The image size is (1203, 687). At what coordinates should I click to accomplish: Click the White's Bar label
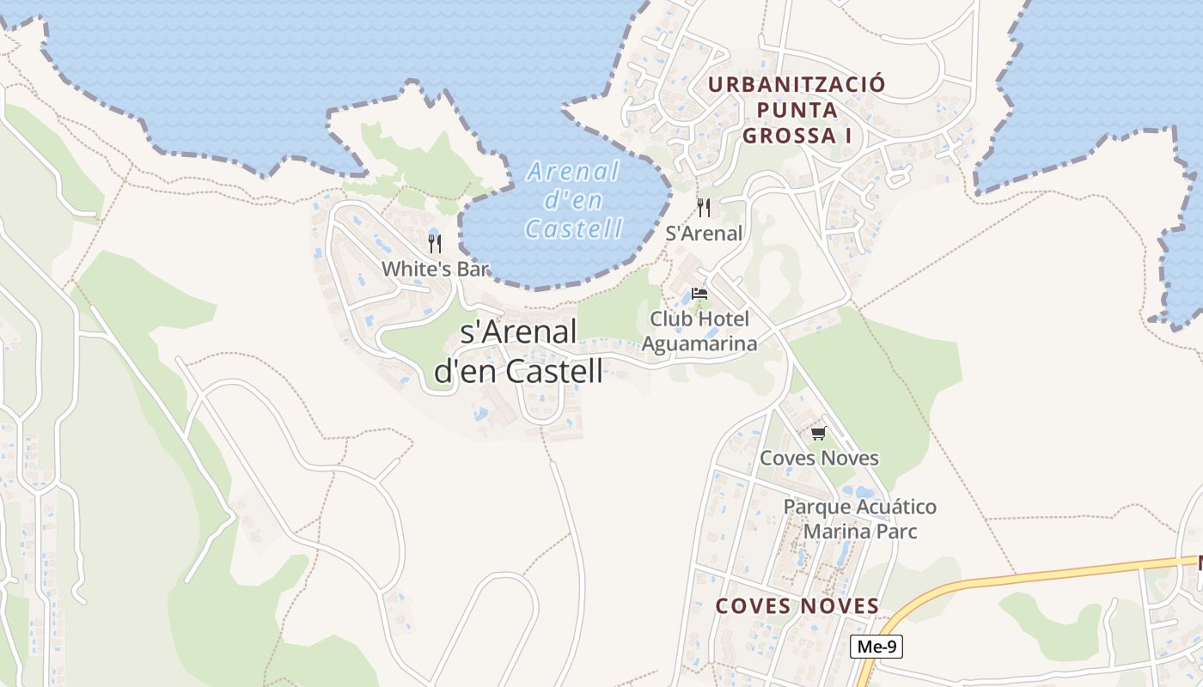click(435, 269)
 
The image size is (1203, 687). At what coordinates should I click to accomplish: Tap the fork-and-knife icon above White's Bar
click(435, 244)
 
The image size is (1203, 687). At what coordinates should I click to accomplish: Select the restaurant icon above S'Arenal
click(704, 208)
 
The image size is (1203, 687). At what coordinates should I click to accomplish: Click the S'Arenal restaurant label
click(704, 234)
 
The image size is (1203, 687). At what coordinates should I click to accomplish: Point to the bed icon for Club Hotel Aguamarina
click(699, 294)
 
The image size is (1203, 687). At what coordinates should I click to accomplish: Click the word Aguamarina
click(699, 344)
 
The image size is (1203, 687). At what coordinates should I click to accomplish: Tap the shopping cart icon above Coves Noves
click(818, 433)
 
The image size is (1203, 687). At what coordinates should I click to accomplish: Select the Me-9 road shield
click(876, 647)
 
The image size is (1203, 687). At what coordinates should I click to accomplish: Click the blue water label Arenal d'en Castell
click(573, 200)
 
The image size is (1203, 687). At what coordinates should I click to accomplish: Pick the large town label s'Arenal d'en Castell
click(518, 351)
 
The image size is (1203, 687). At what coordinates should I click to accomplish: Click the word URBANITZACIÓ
click(796, 84)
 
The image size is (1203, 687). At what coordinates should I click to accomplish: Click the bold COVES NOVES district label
click(797, 606)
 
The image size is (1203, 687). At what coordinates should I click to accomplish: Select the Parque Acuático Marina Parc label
click(859, 519)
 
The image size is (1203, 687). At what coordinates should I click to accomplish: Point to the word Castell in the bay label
click(573, 228)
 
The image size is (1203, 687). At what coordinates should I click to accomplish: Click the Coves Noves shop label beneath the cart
click(819, 458)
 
